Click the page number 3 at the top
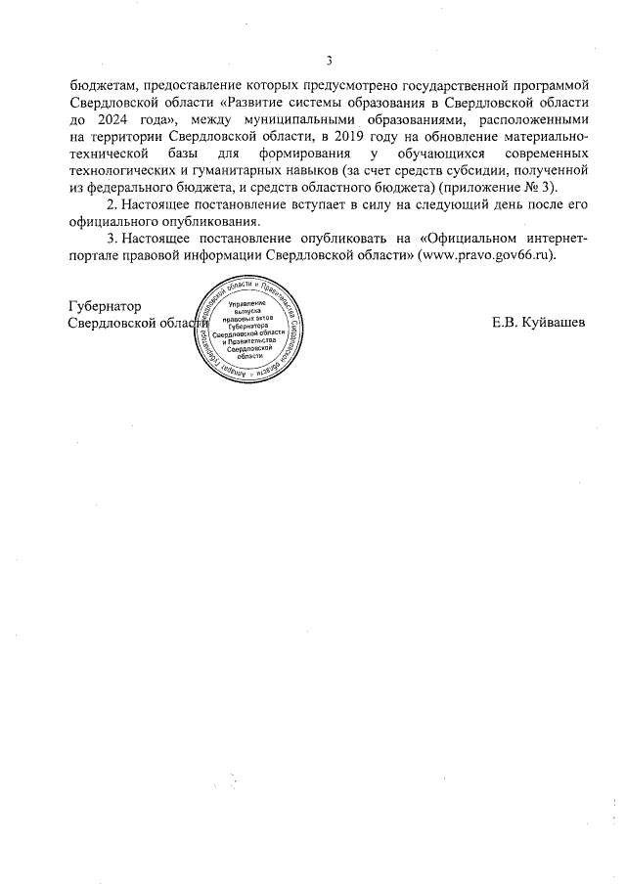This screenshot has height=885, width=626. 330,60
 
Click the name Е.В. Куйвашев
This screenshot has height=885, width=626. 541,323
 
